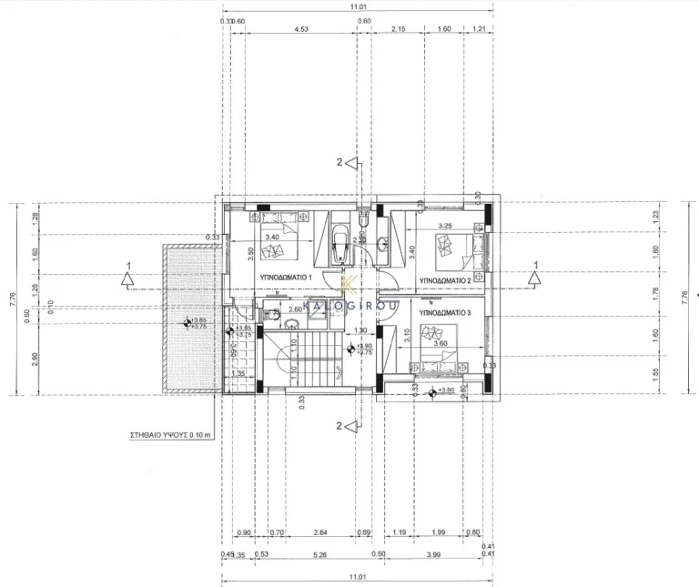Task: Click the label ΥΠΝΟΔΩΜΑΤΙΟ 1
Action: pos(287,276)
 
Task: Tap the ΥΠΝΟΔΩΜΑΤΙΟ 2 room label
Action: pos(444,281)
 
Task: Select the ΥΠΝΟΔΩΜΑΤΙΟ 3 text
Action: pos(446,312)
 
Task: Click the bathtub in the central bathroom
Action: pos(342,243)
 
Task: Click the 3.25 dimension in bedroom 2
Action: pos(445,225)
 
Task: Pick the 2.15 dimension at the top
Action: pos(399,29)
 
